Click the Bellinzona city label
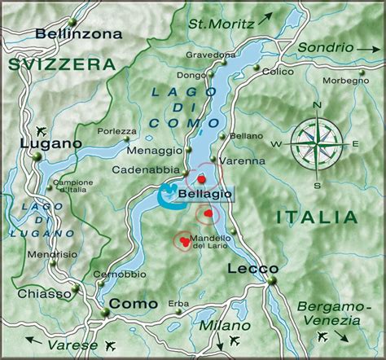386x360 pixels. [79, 34]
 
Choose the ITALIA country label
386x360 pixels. [316, 217]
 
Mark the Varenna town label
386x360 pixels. [243, 160]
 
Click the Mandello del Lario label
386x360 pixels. [211, 242]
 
